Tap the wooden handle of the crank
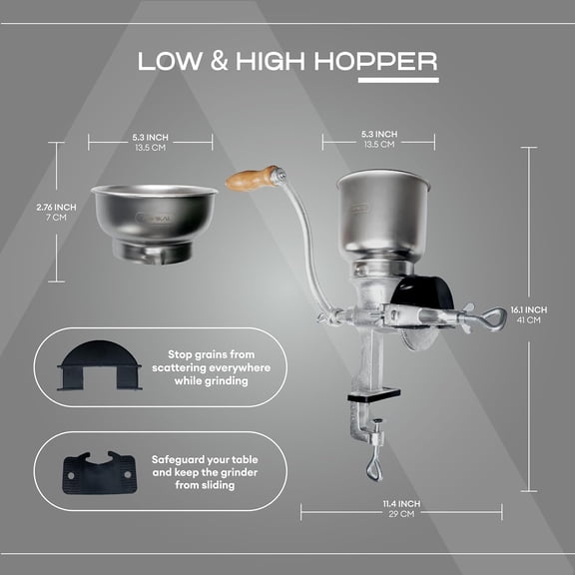[x=253, y=179]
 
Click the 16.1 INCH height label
[x=536, y=309]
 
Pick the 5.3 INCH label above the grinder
[x=379, y=134]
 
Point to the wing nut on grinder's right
[x=492, y=318]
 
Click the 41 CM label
[x=536, y=320]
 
